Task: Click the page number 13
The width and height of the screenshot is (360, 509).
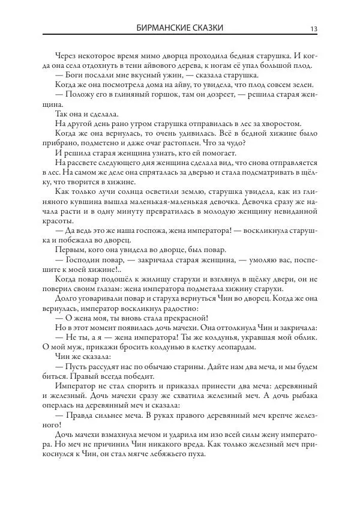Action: [x=314, y=28]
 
